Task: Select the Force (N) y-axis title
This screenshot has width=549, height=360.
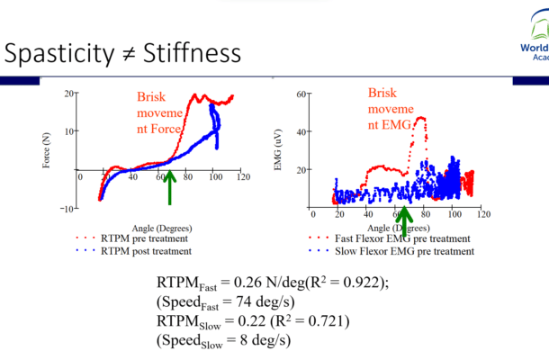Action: (46, 152)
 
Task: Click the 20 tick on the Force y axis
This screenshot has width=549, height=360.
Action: (69, 94)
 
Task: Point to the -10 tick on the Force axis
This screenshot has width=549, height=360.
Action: (67, 209)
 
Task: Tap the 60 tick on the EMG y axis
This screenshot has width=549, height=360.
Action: (302, 94)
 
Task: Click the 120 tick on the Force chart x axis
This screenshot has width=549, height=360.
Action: (241, 176)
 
